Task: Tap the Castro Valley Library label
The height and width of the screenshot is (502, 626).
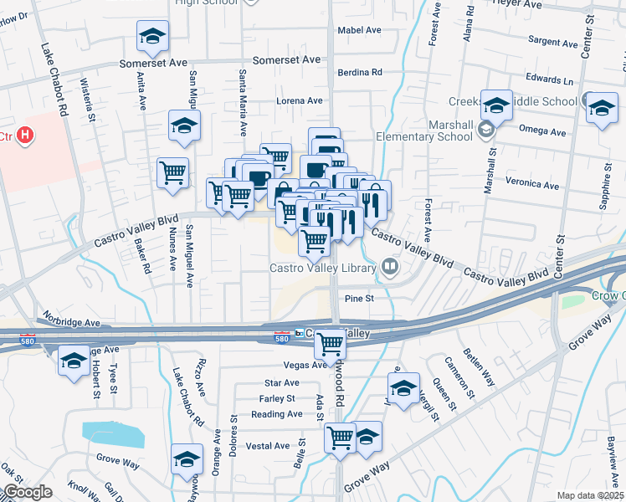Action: [323, 268]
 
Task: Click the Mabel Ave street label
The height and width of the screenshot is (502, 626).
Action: [359, 30]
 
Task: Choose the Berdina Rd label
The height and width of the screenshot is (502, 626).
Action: [360, 73]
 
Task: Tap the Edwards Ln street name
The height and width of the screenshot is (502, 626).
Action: [555, 80]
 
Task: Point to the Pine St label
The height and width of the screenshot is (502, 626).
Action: [358, 297]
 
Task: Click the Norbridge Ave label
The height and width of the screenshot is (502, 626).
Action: [74, 322]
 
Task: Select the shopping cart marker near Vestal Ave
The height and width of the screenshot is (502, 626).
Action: [341, 437]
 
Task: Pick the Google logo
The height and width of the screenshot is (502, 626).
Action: [28, 492]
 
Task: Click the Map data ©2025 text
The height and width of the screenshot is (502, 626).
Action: [589, 495]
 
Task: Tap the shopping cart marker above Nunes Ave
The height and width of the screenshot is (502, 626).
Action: [172, 172]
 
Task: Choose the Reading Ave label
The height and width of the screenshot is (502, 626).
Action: [276, 414]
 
